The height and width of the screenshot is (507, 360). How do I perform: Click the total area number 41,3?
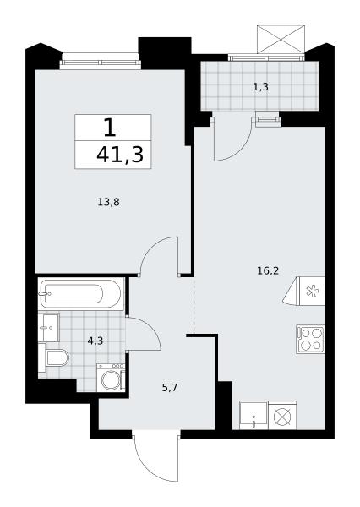[120, 155]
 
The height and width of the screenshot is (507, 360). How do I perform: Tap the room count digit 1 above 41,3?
[110, 128]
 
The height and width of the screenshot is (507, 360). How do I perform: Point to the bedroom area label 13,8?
[109, 203]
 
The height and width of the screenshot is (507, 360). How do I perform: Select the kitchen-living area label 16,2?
[268, 270]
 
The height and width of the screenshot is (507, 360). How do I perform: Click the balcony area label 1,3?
[260, 87]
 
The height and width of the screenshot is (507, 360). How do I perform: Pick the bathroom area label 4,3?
[95, 341]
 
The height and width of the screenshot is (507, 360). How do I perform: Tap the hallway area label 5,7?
[170, 387]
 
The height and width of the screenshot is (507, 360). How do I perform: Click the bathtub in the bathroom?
[81, 294]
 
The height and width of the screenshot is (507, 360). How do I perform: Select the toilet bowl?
[56, 358]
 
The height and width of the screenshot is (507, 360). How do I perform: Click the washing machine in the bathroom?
[111, 378]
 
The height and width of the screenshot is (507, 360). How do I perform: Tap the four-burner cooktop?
[310, 339]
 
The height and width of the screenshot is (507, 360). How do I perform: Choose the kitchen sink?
[254, 416]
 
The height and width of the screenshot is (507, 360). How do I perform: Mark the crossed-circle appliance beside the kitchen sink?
[282, 416]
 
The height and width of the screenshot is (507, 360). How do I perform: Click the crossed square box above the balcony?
[281, 39]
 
